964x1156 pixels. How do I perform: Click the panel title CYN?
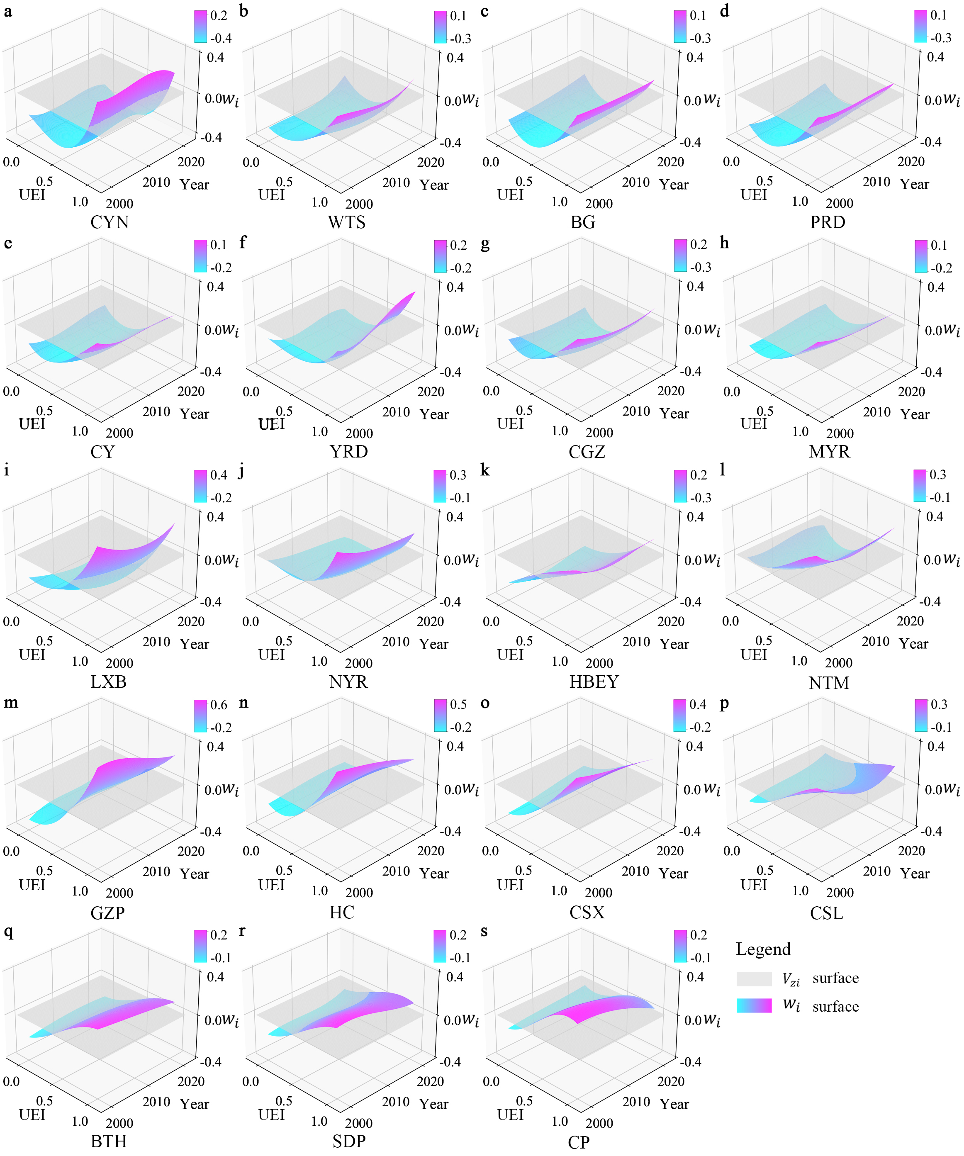(110, 222)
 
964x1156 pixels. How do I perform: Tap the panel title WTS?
(346, 222)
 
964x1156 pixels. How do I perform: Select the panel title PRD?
(827, 222)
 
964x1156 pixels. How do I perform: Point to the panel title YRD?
(348, 452)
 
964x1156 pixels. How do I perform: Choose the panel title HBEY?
(594, 682)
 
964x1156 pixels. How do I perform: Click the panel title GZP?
(107, 913)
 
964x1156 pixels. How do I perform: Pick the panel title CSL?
(826, 913)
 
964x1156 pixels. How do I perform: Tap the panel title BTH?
(108, 1141)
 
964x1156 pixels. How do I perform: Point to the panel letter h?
(725, 243)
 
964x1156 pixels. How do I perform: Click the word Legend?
(763, 949)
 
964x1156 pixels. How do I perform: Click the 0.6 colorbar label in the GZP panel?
(219, 705)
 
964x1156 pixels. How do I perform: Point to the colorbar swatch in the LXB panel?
(200, 486)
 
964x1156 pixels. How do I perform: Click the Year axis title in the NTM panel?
(913, 643)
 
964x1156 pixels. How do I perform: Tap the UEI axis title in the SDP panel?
(271, 1115)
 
